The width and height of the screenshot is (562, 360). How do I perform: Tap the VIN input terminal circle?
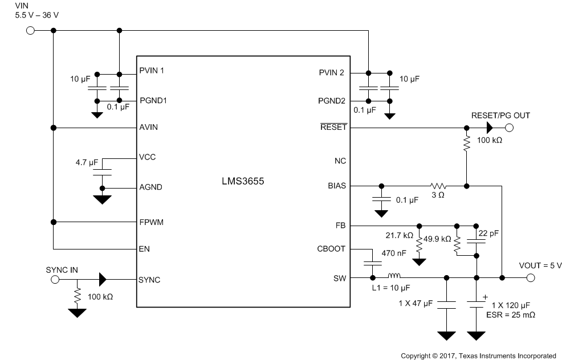point(30,30)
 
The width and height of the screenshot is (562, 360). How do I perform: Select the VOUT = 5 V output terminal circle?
point(530,278)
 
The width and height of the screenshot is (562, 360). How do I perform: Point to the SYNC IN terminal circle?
point(55,280)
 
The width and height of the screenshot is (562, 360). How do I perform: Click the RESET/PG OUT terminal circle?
point(509,129)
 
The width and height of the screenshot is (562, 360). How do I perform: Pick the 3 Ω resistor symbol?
point(438,186)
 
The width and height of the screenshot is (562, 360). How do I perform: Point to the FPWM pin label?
point(151,222)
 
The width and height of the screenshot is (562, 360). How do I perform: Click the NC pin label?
point(340,161)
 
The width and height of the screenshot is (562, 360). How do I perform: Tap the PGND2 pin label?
point(331,101)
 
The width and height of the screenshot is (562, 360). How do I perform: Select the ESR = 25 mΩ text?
point(510,314)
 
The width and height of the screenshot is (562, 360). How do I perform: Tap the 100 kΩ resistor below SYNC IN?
point(76,296)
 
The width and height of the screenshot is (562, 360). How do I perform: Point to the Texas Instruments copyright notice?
point(478,355)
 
